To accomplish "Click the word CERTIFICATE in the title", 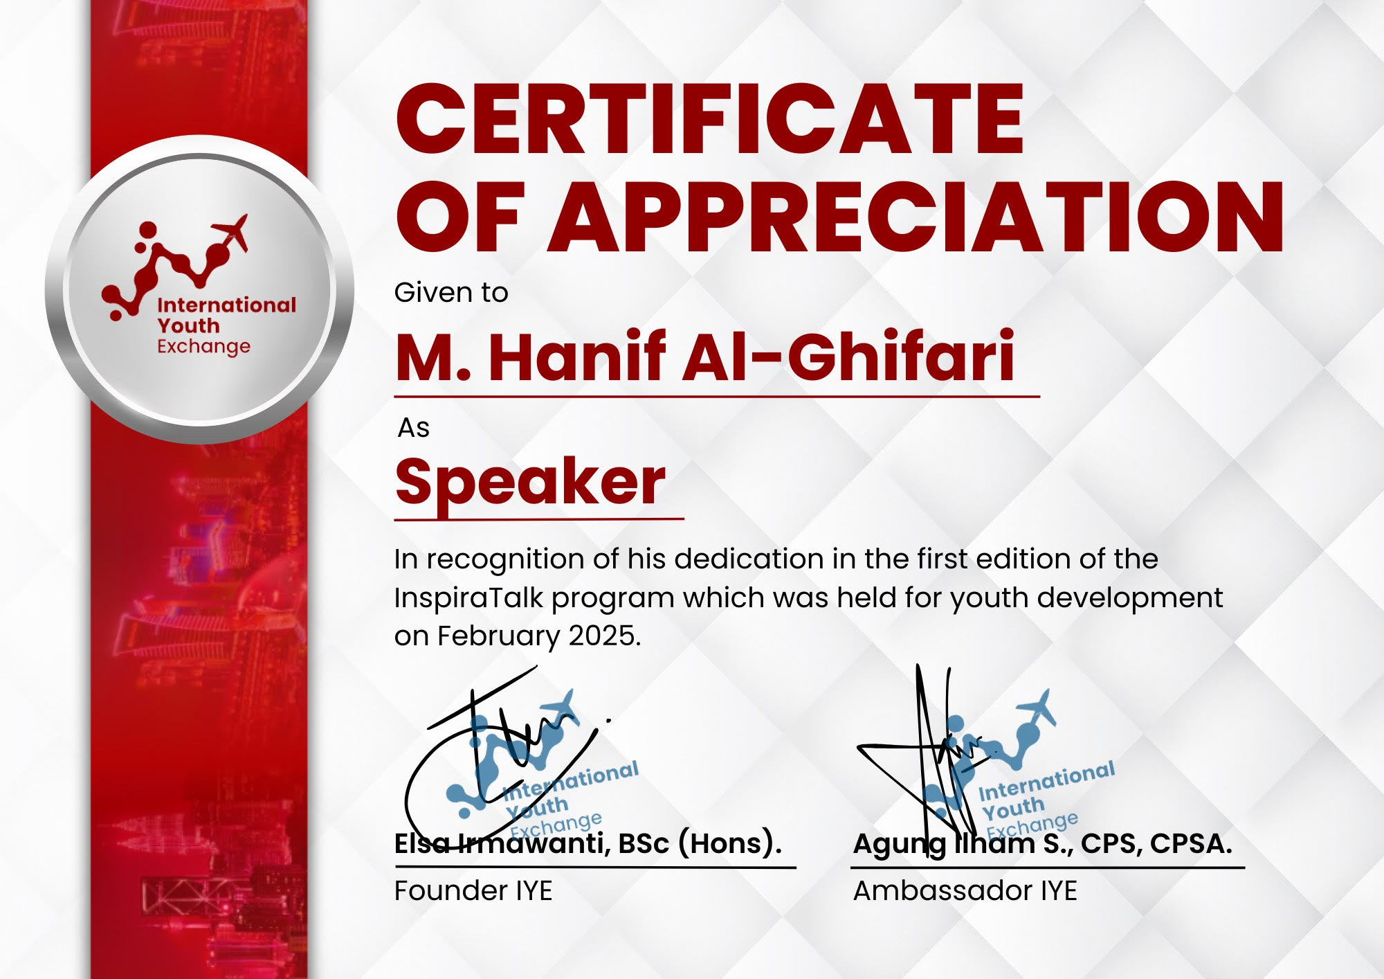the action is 710,118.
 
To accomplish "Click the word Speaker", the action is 530,483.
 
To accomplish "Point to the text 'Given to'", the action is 451,292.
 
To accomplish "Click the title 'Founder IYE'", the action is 473,890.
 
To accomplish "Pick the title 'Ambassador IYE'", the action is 965,890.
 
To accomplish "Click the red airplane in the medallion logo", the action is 230,232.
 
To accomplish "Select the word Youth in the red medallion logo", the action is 188,325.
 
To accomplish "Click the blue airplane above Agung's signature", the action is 1036,710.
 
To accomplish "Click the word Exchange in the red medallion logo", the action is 203,346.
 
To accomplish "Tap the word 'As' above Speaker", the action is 414,428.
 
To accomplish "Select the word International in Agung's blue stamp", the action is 1046,780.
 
